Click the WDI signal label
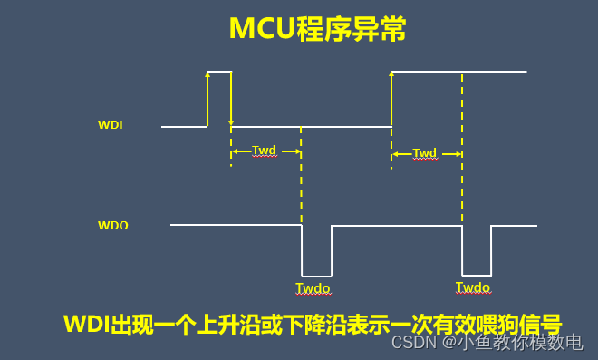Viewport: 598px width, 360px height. click(x=110, y=125)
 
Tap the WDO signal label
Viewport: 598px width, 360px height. click(x=112, y=225)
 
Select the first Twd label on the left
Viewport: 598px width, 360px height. click(x=264, y=151)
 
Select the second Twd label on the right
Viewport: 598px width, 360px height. click(x=425, y=152)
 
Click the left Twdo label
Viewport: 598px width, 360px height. click(x=313, y=288)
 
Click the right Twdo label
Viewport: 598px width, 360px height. click(x=473, y=287)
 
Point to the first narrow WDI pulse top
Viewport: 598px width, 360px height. click(x=219, y=71)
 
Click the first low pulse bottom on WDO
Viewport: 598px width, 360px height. click(x=316, y=275)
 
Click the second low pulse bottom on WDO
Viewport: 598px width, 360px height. click(x=477, y=275)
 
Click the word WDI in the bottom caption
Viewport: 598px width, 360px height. click(x=86, y=324)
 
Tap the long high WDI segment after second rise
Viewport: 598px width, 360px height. click(x=458, y=71)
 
